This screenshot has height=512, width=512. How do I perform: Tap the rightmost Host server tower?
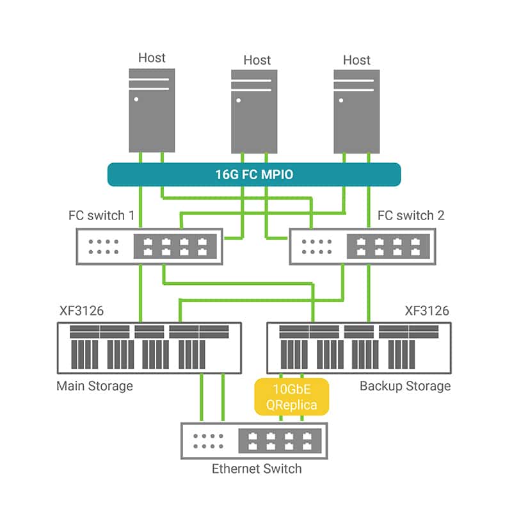(356, 111)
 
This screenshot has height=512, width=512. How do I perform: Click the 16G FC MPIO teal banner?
(254, 174)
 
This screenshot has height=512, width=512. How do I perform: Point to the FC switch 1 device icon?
(150, 246)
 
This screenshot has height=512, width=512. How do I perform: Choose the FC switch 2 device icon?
(362, 246)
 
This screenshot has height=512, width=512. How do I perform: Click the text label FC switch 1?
(101, 215)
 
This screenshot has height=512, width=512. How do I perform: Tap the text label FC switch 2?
(411, 215)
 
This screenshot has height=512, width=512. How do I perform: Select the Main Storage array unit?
(150, 348)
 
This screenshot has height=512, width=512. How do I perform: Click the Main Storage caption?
(95, 386)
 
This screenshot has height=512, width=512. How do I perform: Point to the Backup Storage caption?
(405, 386)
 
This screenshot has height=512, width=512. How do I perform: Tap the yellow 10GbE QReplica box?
(291, 397)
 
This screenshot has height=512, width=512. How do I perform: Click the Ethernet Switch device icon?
(254, 441)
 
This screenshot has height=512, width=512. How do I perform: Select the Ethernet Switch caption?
(257, 469)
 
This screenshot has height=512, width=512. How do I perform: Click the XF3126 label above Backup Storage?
(427, 311)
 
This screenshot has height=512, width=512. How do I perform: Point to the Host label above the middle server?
(257, 60)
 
